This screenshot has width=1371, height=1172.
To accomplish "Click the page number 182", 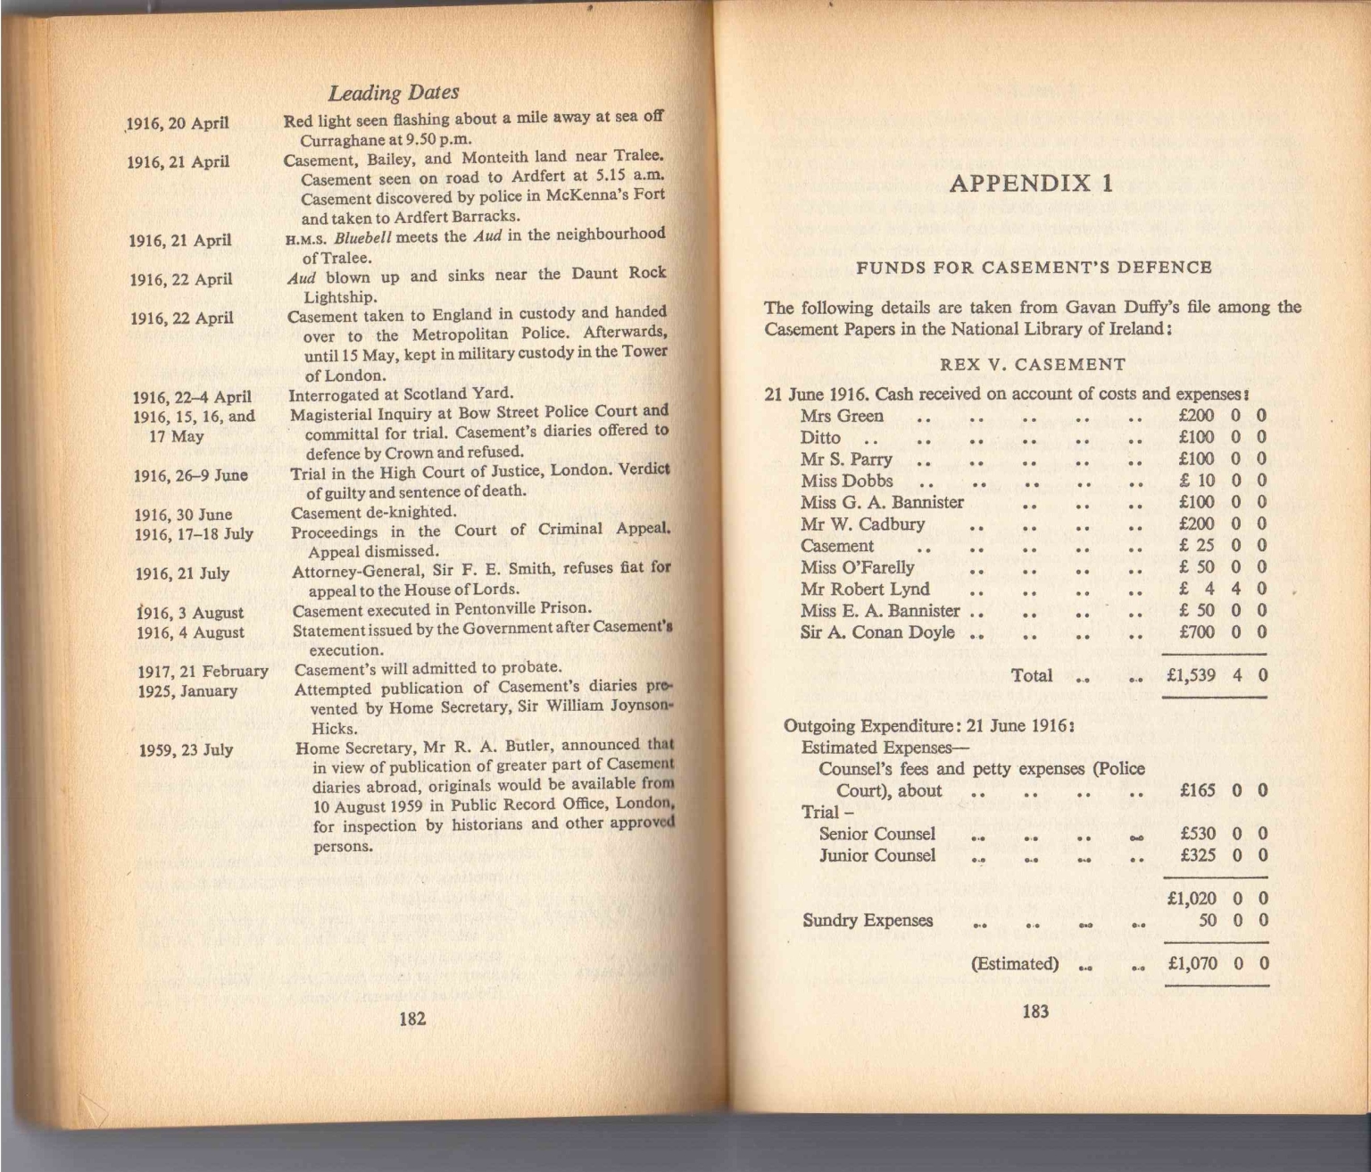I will (411, 1019).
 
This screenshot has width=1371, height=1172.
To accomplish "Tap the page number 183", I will (1034, 1011).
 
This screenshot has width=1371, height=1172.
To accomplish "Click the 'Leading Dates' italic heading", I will (393, 93).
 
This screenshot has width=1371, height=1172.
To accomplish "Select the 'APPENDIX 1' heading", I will (1031, 184).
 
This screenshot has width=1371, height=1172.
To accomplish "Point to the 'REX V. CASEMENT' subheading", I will (1033, 364).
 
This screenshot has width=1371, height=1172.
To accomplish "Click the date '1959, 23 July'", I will (186, 749).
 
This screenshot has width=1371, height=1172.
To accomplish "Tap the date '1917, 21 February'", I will (203, 671).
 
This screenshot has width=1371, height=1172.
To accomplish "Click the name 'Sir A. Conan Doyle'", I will (877, 632).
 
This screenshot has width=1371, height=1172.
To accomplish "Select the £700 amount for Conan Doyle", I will (1197, 632).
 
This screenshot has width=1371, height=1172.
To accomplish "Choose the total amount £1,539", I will (1191, 675).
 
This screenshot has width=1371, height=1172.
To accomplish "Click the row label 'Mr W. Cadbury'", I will (862, 524).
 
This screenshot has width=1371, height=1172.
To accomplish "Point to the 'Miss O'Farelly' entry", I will (857, 567).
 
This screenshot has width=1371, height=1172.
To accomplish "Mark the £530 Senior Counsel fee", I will (1198, 834).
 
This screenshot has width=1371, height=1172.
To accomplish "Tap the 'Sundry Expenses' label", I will (868, 920).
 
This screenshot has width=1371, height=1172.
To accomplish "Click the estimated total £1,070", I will (1192, 964).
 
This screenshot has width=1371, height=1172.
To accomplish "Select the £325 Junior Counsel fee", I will (1198, 855).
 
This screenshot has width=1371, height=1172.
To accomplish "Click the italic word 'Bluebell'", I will (363, 237).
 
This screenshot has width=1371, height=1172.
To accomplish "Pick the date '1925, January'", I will (187, 690).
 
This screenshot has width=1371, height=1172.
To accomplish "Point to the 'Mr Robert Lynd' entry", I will (865, 589).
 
